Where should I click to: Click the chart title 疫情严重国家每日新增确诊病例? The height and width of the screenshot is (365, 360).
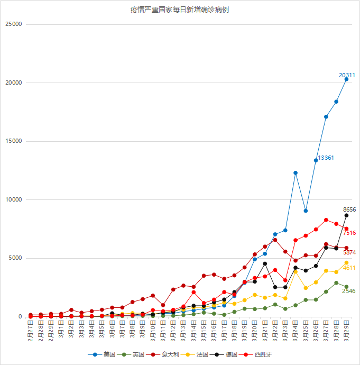pos(180,10)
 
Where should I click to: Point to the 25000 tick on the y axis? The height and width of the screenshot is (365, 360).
pos(13,24)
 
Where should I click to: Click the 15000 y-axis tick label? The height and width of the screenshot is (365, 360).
pos(13,141)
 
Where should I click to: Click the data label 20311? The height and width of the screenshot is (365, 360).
pos(347,75)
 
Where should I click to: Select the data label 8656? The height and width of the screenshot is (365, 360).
pos(349,209)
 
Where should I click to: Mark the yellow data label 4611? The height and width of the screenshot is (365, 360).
pos(349,268)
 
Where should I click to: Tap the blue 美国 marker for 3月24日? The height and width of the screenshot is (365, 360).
pos(296,173)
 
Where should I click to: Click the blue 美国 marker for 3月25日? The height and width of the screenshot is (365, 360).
pos(306,211)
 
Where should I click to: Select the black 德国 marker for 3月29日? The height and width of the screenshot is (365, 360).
pos(347,215)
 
